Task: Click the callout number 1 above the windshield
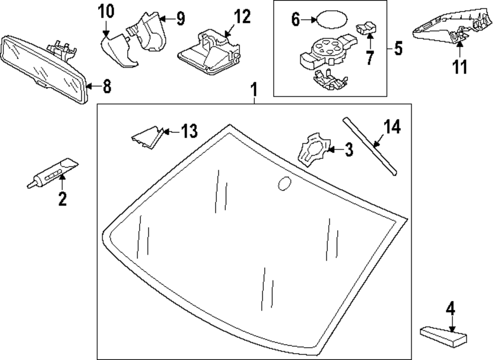point(254,90)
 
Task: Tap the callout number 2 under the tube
point(62,199)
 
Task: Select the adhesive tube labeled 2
point(51,172)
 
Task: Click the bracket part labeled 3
point(312,148)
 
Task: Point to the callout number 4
point(449,310)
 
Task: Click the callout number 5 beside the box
point(398,49)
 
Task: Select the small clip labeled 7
point(366,29)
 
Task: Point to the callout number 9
point(180,19)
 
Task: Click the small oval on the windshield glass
point(285,183)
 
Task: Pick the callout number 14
point(392,127)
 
